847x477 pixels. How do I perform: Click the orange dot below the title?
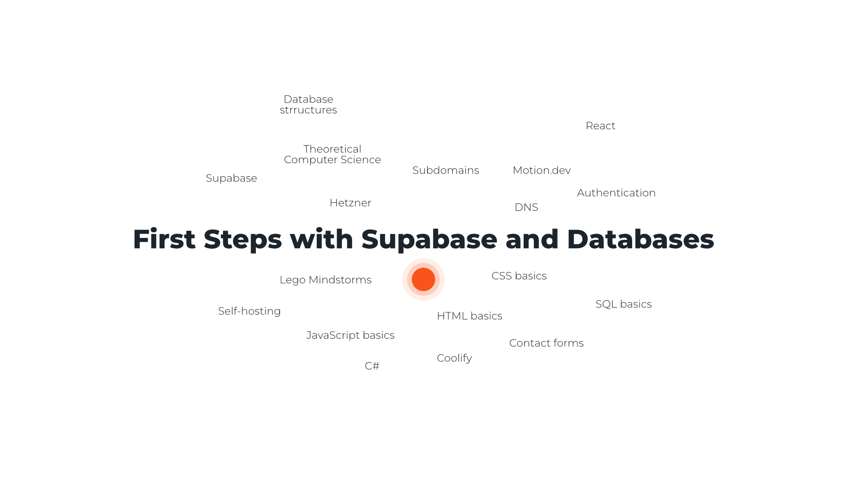[x=423, y=280]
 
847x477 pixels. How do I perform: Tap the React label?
[x=600, y=126]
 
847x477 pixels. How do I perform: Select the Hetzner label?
[x=350, y=203]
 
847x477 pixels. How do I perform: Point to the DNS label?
[x=526, y=207]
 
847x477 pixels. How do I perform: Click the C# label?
[x=372, y=366]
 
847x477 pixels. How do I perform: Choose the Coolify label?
[x=454, y=358]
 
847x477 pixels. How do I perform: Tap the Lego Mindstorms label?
[x=326, y=280]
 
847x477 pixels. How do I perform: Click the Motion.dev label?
[x=542, y=170]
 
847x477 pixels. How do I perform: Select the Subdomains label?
[x=446, y=170]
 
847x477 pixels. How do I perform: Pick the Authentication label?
[x=616, y=193]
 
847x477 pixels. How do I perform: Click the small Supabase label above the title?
[x=231, y=178]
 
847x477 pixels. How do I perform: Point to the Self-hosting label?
[x=249, y=311]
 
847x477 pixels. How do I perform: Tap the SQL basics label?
[x=623, y=304]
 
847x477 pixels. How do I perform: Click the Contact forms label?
[x=546, y=343]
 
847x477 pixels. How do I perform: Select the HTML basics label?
[x=469, y=316]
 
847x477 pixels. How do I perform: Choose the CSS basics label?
[x=519, y=276]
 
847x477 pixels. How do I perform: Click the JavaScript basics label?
[x=350, y=335]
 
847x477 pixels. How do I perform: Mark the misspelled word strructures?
[x=308, y=110]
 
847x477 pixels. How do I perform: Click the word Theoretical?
[x=332, y=149]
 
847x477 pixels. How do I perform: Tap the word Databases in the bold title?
[x=640, y=239]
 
